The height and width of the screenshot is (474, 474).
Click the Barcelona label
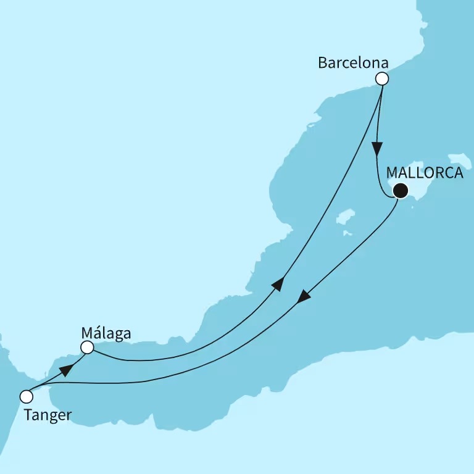click(x=352, y=63)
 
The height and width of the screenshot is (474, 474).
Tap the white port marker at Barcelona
click(x=382, y=78)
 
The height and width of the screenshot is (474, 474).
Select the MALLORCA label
click(x=425, y=173)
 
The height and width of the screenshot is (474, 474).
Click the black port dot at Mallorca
click(x=401, y=190)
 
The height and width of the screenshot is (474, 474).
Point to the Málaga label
click(x=106, y=334)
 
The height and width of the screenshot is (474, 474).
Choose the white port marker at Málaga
click(x=88, y=347)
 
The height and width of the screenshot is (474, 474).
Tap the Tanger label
click(x=47, y=415)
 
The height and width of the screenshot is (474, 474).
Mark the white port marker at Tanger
click(x=26, y=396)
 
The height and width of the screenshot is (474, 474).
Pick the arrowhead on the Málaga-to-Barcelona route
click(x=279, y=284)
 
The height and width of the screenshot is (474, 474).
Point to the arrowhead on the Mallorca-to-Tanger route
click(x=304, y=297)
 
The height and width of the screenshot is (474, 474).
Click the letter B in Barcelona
click(x=322, y=63)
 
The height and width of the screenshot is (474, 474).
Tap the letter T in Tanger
click(x=28, y=415)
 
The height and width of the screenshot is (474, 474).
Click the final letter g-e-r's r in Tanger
click(x=68, y=416)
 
